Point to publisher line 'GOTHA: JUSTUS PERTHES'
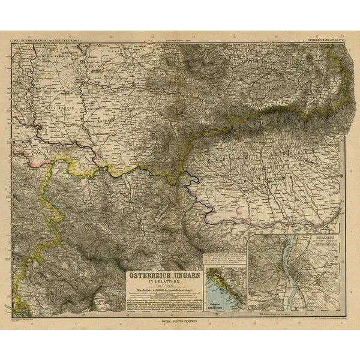[x=180, y=323]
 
